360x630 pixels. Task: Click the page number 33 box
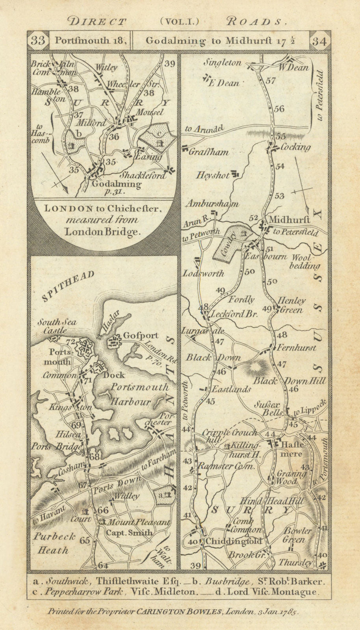(38, 41)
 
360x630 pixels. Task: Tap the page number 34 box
(319, 41)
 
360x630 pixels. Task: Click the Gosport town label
(141, 335)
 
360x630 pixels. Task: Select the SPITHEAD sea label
(67, 286)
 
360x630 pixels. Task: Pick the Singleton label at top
(222, 63)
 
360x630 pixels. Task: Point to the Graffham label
(209, 152)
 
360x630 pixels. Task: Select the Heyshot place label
(213, 175)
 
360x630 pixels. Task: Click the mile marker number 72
(71, 341)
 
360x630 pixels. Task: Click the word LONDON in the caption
(69, 209)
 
